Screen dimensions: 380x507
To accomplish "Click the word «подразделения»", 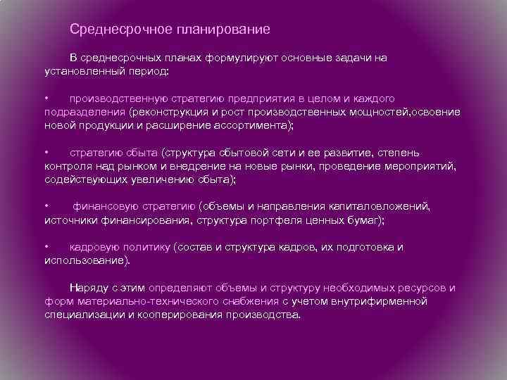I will (x=84, y=111).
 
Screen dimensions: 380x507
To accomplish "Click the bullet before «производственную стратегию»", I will (x=46, y=98).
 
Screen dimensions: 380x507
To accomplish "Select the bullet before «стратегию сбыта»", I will (x=46, y=152).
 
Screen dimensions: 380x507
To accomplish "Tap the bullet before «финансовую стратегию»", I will (x=46, y=206).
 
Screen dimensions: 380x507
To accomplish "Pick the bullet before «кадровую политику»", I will (x=46, y=247).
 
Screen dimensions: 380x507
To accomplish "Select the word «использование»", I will (x=85, y=260).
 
